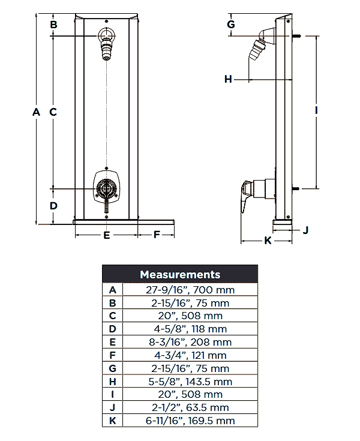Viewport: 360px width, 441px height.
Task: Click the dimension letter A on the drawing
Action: click(36, 112)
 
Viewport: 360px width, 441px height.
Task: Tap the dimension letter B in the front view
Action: click(53, 25)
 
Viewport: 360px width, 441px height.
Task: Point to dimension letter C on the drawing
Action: click(53, 112)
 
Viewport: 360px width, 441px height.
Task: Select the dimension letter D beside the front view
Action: click(53, 205)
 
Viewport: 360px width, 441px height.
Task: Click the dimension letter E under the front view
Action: click(107, 235)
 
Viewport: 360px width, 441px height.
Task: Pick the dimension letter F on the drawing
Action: click(157, 235)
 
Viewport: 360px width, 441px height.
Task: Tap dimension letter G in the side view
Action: click(231, 25)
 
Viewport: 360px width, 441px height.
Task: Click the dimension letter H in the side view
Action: click(228, 79)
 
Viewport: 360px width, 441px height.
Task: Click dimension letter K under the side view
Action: click(268, 241)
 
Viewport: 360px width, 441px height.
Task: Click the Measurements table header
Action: click(180, 275)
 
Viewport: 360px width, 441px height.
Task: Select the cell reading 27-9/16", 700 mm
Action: click(190, 290)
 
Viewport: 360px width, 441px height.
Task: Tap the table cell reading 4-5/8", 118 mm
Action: click(190, 329)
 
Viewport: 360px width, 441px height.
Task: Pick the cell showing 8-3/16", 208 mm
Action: click(190, 342)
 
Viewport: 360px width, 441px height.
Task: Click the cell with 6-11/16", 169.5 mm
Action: click(190, 421)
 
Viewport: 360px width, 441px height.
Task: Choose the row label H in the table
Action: click(112, 382)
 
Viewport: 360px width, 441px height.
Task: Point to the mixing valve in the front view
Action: click(106, 187)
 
